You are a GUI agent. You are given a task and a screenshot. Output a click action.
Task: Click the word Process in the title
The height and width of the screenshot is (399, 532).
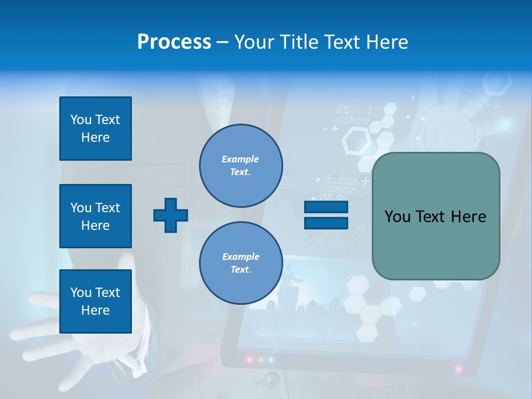tap(174, 42)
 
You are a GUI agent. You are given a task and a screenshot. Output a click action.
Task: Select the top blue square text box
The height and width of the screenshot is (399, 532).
tap(95, 129)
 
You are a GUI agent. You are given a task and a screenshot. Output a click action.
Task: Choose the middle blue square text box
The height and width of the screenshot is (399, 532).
tap(95, 216)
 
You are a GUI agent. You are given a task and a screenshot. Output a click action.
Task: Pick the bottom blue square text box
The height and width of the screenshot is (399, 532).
tap(95, 301)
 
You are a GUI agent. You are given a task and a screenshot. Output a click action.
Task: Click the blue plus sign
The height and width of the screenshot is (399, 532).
tap(171, 215)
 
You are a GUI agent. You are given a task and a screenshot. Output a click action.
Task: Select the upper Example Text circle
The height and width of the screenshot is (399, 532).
tap(241, 166)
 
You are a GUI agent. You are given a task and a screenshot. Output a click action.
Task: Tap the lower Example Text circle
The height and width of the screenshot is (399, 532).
tap(241, 263)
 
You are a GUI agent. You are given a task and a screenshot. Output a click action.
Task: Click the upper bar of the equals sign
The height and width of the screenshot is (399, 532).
tap(326, 207)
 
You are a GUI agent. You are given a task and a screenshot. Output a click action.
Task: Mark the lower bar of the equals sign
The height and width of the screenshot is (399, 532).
tap(326, 223)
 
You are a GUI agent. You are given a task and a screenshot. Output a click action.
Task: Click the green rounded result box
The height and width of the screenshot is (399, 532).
tap(436, 216)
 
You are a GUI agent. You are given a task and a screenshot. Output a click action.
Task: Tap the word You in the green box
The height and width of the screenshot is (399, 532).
tap(397, 217)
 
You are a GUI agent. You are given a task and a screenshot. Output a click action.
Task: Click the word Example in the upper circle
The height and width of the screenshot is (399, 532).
tap(241, 160)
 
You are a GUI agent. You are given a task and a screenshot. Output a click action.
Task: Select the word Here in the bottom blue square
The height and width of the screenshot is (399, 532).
tap(95, 310)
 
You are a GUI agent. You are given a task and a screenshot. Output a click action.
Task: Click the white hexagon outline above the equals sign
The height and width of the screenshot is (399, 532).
tap(356, 141)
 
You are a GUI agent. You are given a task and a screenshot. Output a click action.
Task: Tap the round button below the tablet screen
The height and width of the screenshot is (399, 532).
tap(272, 380)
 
